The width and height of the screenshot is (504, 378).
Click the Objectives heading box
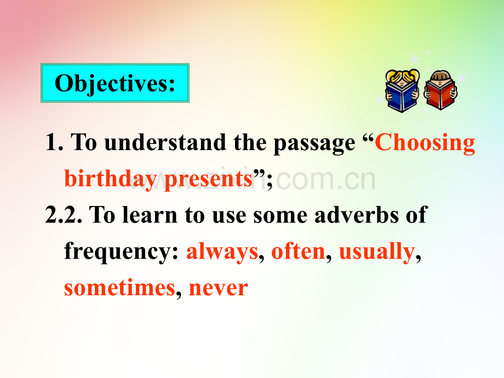(x=115, y=83)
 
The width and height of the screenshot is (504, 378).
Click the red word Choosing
(x=425, y=143)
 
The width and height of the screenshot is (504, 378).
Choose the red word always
(x=222, y=251)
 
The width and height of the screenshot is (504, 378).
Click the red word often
(x=298, y=251)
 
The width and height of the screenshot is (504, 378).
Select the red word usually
(x=376, y=251)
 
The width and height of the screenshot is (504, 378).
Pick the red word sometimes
(x=119, y=288)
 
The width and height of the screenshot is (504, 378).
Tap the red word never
(x=218, y=288)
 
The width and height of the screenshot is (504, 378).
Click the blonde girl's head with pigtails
(x=402, y=77)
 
